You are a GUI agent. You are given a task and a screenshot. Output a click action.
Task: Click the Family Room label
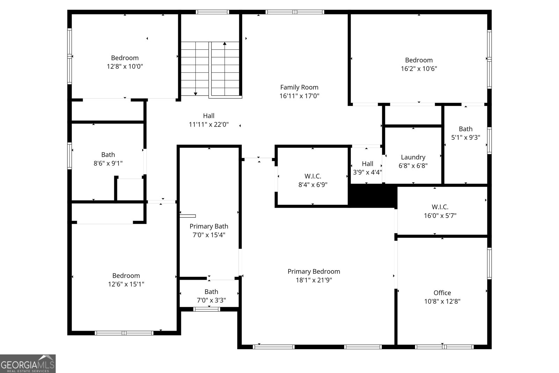tap(299, 87)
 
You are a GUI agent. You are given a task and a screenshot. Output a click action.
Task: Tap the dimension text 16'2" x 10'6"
tap(419, 69)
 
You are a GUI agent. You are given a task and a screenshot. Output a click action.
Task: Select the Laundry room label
tap(413, 157)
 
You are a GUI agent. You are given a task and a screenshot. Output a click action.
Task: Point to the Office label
tap(442, 293)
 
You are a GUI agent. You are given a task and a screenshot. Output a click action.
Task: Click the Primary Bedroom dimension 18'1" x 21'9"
tap(314, 280)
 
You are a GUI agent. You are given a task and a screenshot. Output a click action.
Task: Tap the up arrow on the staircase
tap(225, 44)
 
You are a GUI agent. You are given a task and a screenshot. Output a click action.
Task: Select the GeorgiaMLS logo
tap(28, 364)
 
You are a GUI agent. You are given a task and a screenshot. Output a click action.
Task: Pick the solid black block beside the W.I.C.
tap(372, 196)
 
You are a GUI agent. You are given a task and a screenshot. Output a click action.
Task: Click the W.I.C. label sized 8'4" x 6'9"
tap(312, 177)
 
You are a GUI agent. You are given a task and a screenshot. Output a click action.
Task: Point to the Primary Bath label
tap(209, 227)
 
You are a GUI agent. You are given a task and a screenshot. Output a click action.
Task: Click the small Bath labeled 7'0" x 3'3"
tap(211, 292)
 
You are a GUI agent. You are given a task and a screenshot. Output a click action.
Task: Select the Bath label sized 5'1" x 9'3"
tap(465, 129)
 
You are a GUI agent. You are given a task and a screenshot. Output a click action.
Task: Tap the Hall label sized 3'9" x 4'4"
tap(367, 164)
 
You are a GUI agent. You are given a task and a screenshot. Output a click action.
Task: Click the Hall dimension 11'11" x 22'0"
tap(209, 124)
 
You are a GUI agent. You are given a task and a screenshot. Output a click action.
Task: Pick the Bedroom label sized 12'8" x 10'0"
tap(125, 58)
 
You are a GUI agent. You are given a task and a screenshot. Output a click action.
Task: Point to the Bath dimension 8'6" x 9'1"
tap(108, 163)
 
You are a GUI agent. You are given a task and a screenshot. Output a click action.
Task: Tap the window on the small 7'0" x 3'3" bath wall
tap(207, 309)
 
